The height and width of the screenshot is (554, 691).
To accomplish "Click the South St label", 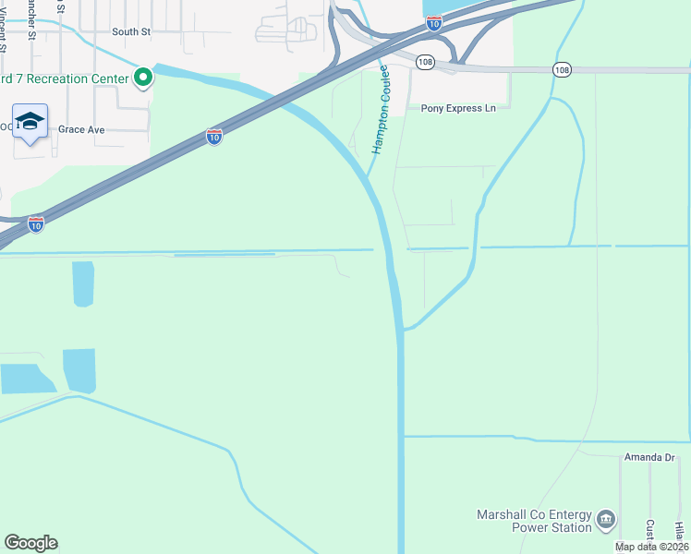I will pyautogui.click(x=131, y=31).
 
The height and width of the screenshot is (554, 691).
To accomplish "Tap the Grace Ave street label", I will pyautogui.click(x=81, y=130).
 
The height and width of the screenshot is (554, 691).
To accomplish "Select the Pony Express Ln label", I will pyautogui.click(x=458, y=108).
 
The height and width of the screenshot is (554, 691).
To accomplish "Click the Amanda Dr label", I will pyautogui.click(x=650, y=457).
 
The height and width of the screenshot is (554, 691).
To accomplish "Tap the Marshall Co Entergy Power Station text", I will pyautogui.click(x=534, y=521).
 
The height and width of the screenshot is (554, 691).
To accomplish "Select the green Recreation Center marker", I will pyautogui.click(x=142, y=78).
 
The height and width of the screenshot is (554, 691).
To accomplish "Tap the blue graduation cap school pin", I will pyautogui.click(x=30, y=122).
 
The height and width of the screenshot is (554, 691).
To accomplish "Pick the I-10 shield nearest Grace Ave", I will pyautogui.click(x=214, y=137).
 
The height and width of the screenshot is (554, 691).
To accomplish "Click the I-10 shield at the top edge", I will pyautogui.click(x=433, y=24).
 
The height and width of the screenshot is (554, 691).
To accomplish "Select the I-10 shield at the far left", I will pyautogui.click(x=35, y=224).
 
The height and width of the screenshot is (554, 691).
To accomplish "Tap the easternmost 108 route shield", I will pyautogui.click(x=563, y=69).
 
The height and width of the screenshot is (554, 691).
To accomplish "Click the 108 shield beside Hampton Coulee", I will pyautogui.click(x=425, y=62).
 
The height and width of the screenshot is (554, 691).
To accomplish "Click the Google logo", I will pyautogui.click(x=30, y=543).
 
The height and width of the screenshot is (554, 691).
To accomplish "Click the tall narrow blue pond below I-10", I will pyautogui.click(x=83, y=283).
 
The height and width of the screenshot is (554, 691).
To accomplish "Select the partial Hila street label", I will pyautogui.click(x=679, y=530).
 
